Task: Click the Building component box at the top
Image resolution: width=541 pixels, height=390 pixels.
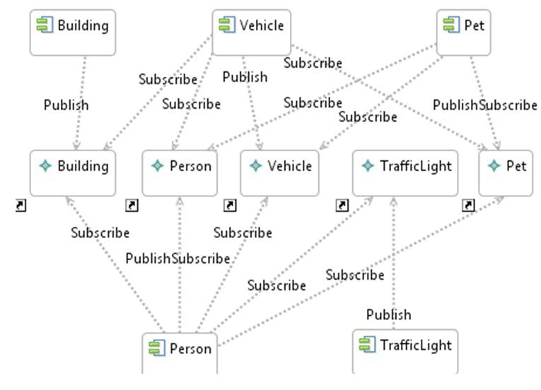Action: click(x=72, y=32)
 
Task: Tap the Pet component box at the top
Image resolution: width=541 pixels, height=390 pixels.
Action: click(x=464, y=32)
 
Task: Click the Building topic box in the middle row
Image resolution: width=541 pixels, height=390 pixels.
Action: click(x=72, y=172)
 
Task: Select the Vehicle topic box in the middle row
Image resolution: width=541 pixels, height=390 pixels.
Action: click(x=279, y=172)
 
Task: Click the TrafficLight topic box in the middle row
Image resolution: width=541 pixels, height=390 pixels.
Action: click(x=405, y=172)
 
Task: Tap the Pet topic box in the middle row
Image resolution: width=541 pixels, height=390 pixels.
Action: click(x=506, y=172)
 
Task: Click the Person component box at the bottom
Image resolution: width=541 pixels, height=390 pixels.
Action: click(x=180, y=351)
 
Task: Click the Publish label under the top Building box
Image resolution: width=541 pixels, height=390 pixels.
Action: click(x=66, y=105)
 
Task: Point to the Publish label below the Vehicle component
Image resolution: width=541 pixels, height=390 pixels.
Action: click(x=245, y=76)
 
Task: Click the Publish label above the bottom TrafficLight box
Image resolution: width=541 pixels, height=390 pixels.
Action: click(x=388, y=314)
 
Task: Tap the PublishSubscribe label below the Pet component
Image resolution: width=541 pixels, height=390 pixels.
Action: click(x=485, y=105)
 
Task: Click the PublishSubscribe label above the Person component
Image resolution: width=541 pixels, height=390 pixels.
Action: click(x=178, y=259)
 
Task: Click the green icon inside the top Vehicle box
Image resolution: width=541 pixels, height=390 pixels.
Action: click(x=226, y=25)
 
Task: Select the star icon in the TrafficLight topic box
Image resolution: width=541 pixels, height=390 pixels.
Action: click(x=367, y=166)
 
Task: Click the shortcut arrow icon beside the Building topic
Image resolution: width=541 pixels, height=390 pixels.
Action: click(x=21, y=206)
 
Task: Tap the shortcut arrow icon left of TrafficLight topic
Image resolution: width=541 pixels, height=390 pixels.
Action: click(x=342, y=206)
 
